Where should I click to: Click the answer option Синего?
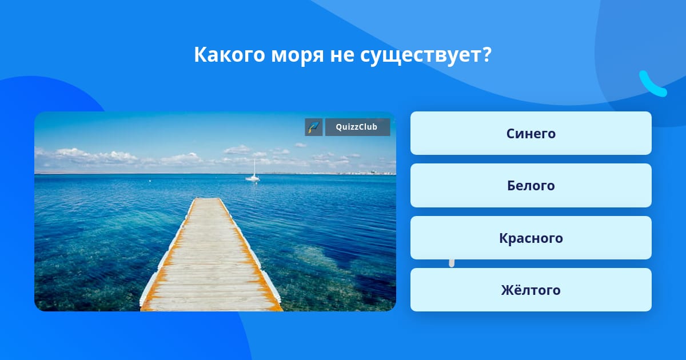(531, 133)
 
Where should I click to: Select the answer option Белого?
(531, 186)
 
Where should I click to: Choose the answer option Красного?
(531, 238)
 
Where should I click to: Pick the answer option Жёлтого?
(531, 290)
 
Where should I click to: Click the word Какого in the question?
(229, 55)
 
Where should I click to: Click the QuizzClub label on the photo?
(357, 127)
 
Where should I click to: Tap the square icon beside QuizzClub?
(314, 127)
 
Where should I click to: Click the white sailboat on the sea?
(253, 174)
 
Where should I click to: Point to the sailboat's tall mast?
(254, 167)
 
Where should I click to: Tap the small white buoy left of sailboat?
(150, 181)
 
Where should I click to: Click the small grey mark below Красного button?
(452, 263)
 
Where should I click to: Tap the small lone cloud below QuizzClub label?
(301, 145)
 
